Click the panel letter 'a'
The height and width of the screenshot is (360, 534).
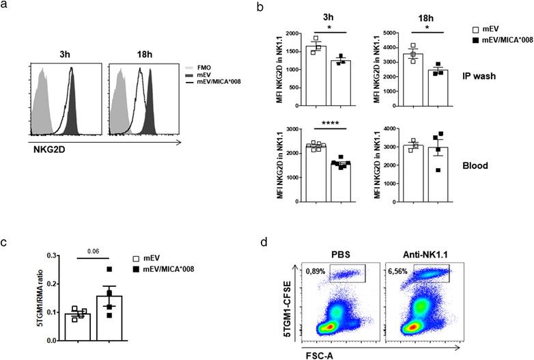7,8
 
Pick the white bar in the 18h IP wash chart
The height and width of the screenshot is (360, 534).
417,74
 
